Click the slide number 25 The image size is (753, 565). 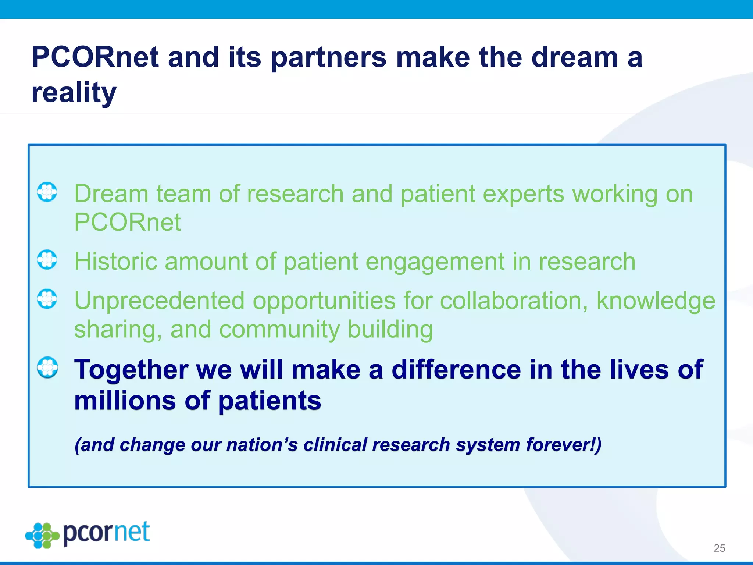click(719, 548)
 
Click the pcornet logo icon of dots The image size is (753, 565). click(43, 535)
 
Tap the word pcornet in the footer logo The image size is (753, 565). click(107, 533)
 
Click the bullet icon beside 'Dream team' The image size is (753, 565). click(47, 192)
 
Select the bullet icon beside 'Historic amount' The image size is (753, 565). click(47, 260)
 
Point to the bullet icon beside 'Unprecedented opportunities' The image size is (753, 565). click(47, 299)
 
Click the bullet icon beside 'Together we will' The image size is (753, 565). click(47, 367)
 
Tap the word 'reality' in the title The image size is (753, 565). click(74, 92)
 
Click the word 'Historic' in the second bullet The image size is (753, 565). click(115, 262)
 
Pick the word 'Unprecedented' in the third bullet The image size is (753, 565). click(159, 301)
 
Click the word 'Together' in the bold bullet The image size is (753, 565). click(131, 369)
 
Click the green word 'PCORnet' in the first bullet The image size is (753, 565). click(127, 223)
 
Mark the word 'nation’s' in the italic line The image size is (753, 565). click(262, 445)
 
